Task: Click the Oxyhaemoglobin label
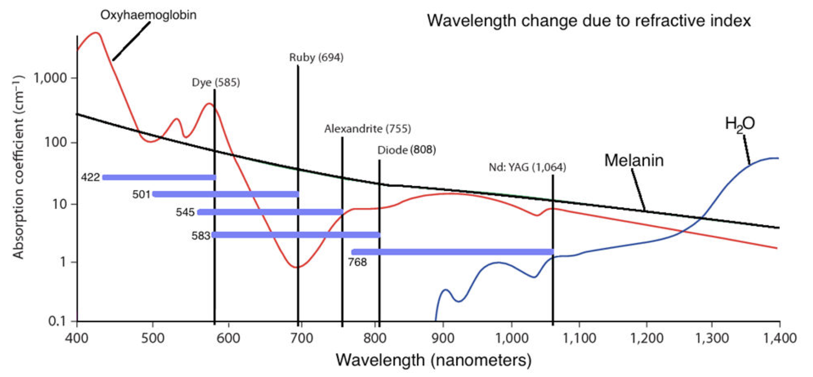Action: (148, 15)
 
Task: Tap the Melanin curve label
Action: (634, 161)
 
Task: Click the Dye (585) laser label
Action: (216, 83)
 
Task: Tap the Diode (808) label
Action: (406, 150)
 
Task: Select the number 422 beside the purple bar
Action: (90, 178)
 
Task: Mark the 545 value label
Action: (185, 212)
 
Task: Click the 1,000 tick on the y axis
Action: (50, 78)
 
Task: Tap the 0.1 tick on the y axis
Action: (57, 321)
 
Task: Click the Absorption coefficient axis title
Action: (18, 167)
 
